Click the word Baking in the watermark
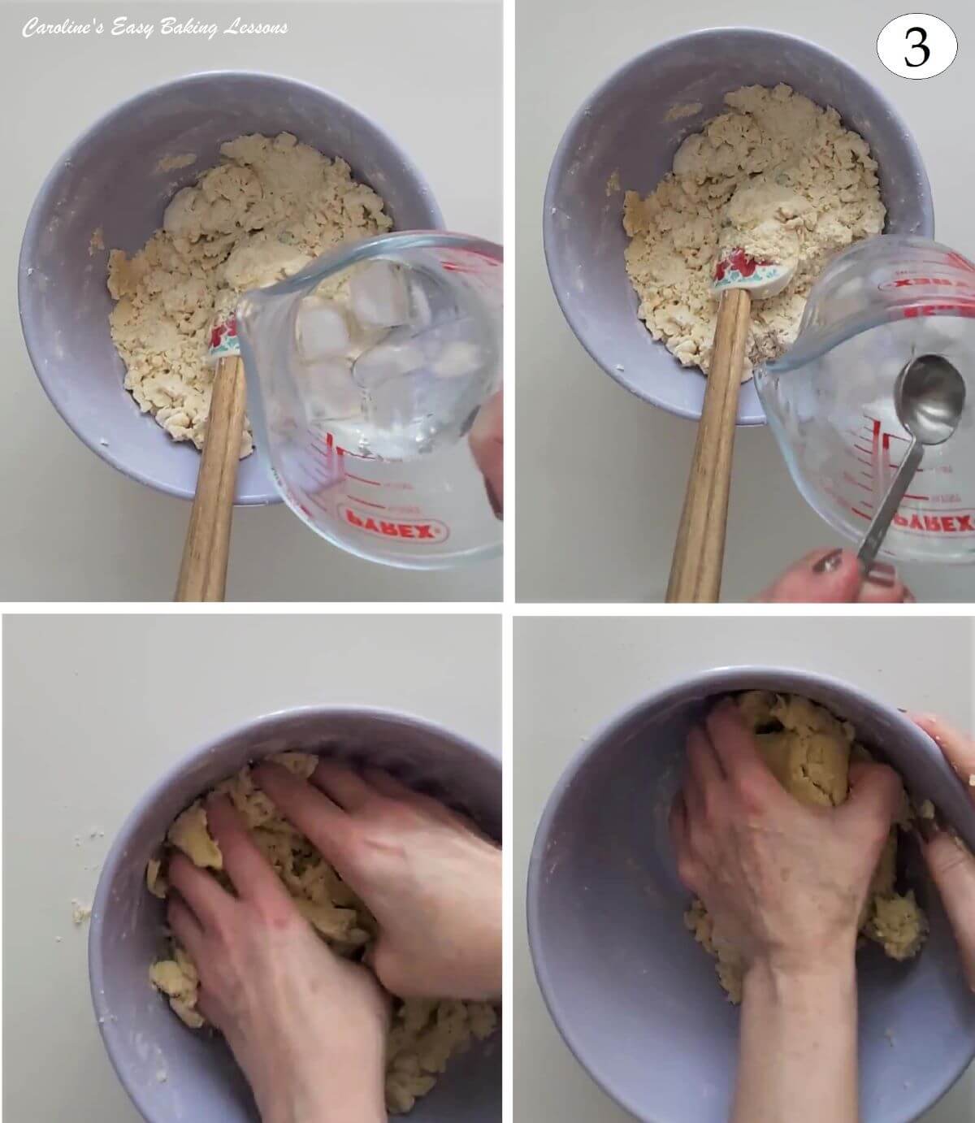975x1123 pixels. point(188,28)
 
